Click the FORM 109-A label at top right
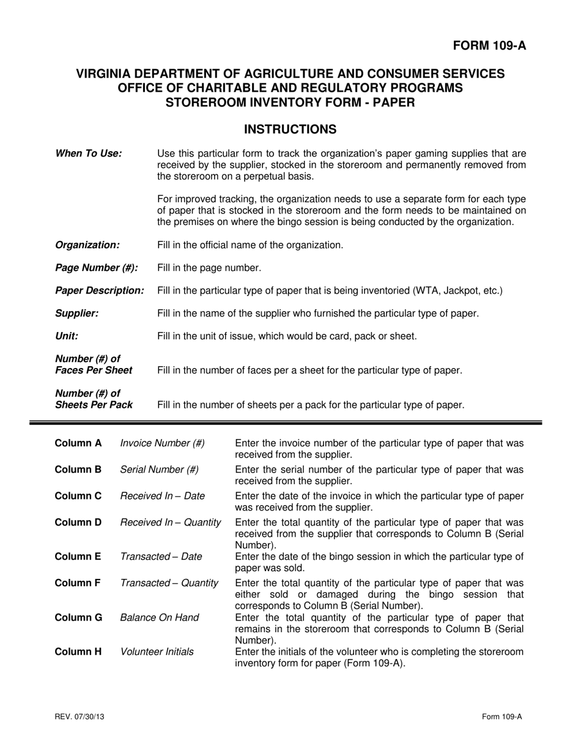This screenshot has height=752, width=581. (x=489, y=46)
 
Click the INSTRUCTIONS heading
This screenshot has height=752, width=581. (x=290, y=130)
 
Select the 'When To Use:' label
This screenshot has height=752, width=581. (x=88, y=153)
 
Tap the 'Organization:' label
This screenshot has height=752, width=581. (x=87, y=245)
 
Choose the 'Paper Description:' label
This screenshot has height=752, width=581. (x=100, y=290)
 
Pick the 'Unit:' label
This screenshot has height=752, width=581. (x=67, y=336)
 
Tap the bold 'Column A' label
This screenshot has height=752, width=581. (x=78, y=443)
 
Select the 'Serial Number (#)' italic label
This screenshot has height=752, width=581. (x=160, y=470)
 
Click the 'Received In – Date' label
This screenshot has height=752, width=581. (x=163, y=496)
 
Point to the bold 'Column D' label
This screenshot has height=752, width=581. (x=78, y=523)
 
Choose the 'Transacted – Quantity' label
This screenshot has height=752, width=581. (x=169, y=583)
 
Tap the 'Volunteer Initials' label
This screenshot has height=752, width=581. (x=157, y=652)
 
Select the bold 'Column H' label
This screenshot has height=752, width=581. (x=78, y=652)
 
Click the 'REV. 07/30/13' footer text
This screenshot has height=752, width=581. (x=79, y=717)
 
